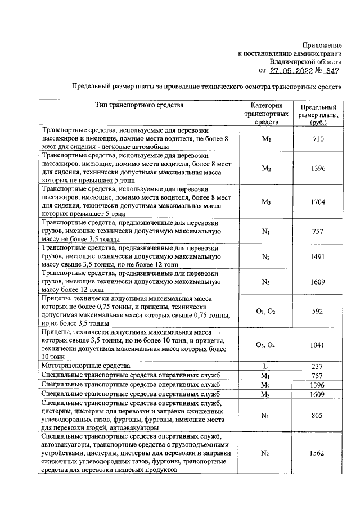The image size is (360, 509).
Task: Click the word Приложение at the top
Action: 322,44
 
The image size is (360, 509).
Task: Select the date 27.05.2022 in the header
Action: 293,71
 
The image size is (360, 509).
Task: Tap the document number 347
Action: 332,71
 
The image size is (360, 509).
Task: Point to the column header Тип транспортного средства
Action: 139,105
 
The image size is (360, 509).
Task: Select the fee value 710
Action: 318,138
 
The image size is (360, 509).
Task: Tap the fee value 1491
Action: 318,256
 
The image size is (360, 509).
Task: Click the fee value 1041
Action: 318,345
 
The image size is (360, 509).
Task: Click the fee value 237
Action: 318,366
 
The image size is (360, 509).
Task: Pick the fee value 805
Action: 318,416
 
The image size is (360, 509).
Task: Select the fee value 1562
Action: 318,453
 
